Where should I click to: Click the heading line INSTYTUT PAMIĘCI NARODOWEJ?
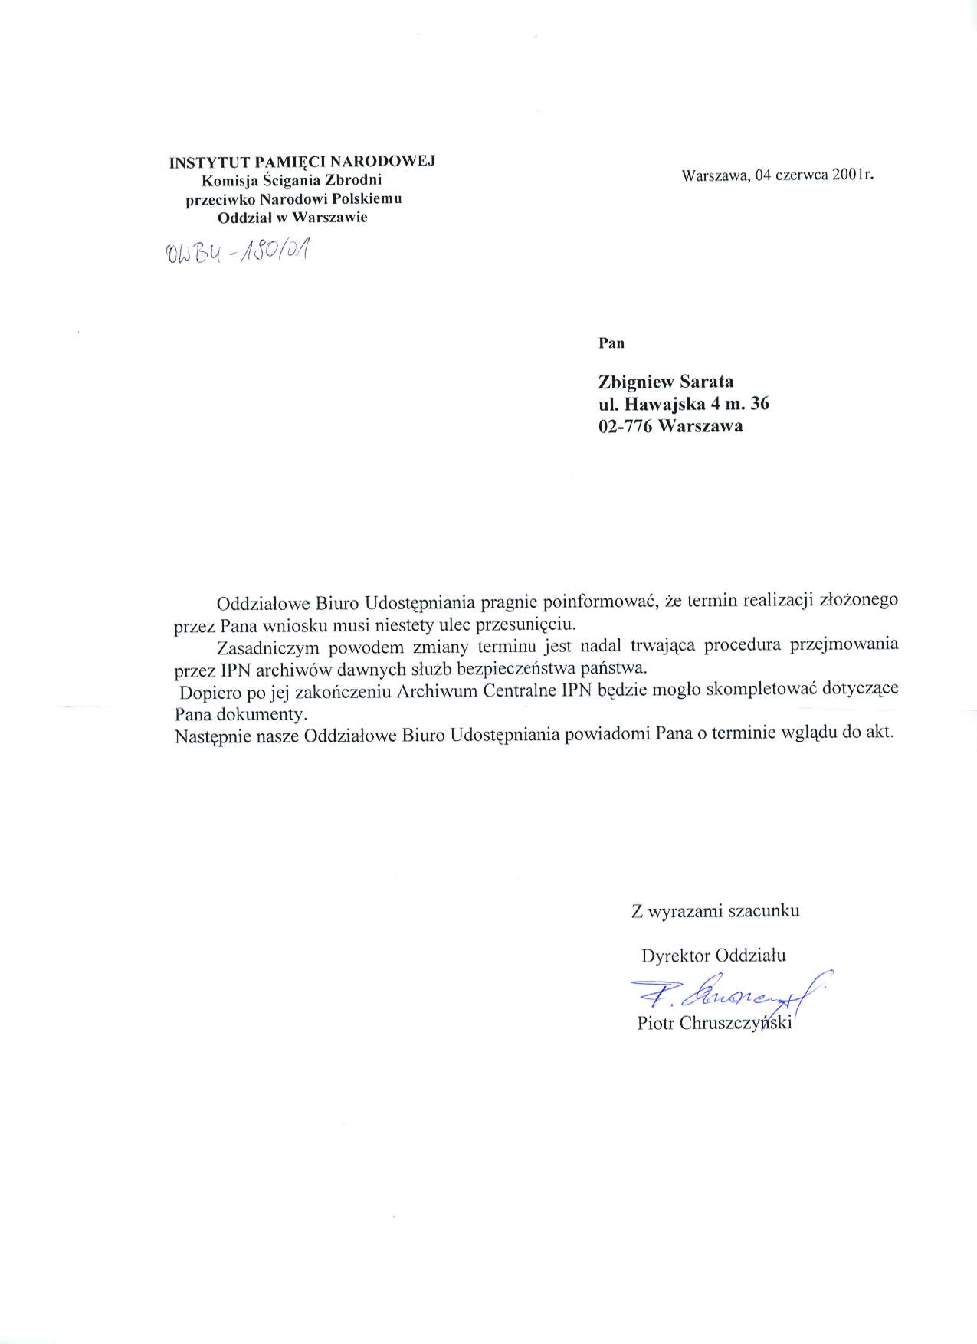(302, 162)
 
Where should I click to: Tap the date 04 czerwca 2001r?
(813, 175)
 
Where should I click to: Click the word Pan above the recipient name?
(611, 343)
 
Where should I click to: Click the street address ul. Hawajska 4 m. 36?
(684, 404)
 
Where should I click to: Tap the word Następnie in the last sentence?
(209, 733)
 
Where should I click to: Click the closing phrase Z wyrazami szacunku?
(715, 911)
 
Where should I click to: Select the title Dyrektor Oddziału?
(713, 956)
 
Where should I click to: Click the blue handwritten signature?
(728, 995)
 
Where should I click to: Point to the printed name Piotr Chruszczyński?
(713, 1024)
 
